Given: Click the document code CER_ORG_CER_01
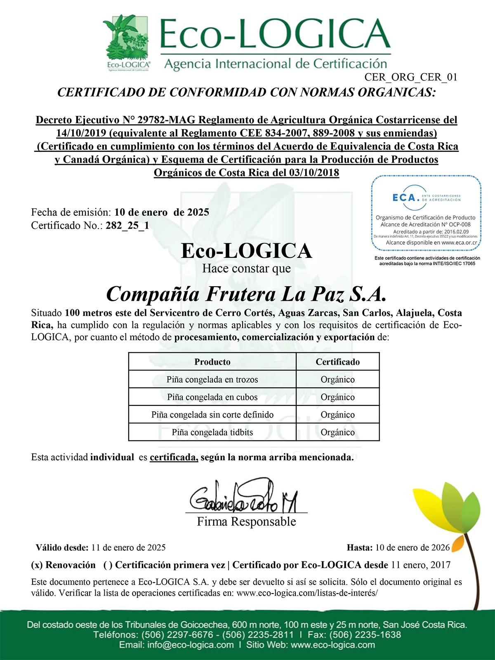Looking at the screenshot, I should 411,77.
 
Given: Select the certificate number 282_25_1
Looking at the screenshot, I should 127,226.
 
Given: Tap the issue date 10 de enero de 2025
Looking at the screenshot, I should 162,212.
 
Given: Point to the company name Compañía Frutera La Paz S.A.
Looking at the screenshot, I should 246,294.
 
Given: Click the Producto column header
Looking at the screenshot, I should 212,362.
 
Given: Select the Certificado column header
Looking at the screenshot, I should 337,362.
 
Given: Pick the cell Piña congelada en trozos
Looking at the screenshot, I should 212,379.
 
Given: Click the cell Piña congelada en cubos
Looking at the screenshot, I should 212,397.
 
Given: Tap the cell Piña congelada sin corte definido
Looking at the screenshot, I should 212,415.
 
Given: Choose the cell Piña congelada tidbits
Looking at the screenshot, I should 212,433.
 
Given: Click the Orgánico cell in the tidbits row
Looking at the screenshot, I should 337,433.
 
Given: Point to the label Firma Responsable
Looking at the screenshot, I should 246,522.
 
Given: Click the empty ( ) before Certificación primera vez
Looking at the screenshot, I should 108,565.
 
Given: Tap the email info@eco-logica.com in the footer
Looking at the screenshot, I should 190,645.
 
